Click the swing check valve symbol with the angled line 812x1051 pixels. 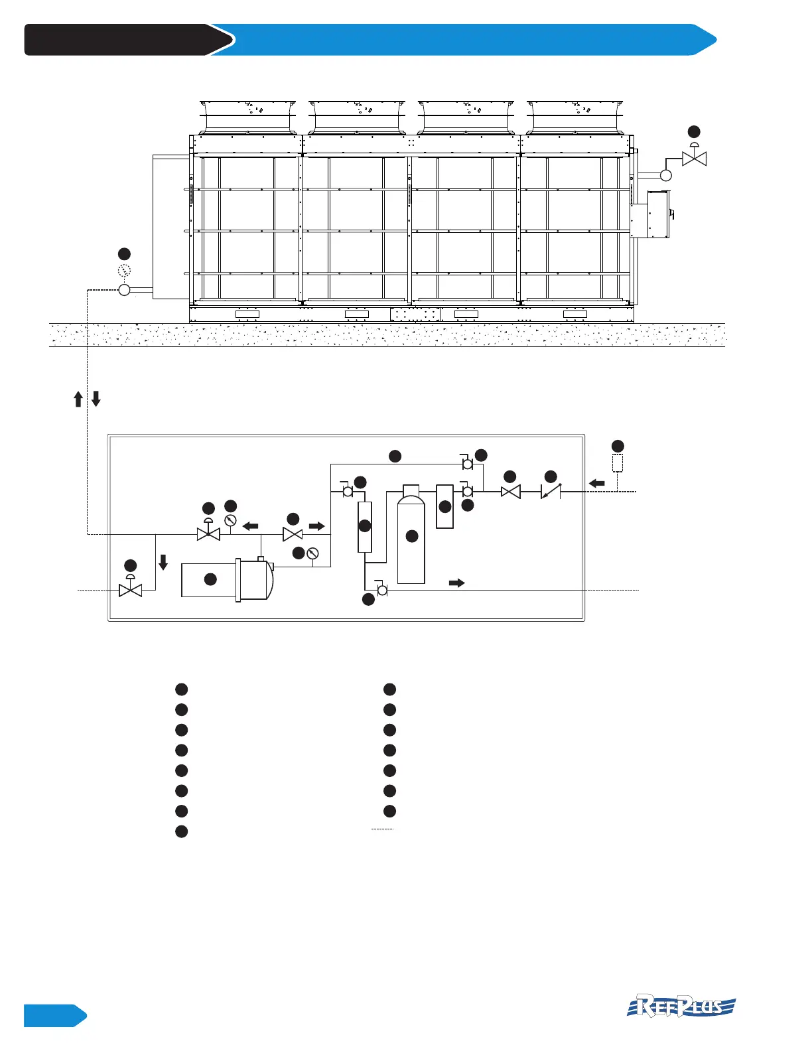[551, 492]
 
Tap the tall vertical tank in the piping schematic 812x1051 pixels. [411, 537]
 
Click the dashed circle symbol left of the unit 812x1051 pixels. [124, 271]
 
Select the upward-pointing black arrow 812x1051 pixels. [78, 399]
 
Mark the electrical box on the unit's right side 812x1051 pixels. [650, 214]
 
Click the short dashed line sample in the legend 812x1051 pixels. [383, 829]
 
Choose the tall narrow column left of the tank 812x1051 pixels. [364, 527]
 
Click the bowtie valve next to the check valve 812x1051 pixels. [510, 492]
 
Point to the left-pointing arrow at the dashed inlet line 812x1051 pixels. [597, 483]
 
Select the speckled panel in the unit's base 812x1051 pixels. [415, 314]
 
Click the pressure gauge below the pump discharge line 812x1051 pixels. [313, 553]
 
